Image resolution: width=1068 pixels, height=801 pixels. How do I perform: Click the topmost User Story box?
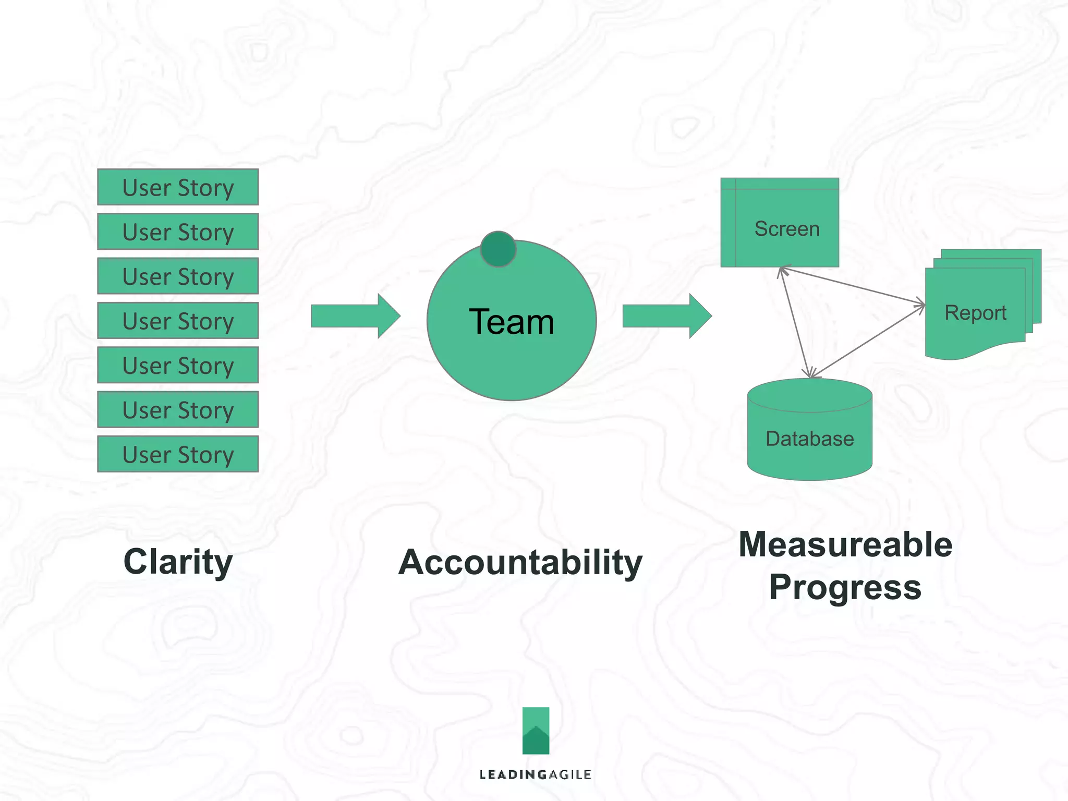pos(178,187)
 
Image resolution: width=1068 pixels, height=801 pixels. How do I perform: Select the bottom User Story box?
pos(178,454)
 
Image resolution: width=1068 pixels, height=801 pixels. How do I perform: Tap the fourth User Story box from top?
pos(178,321)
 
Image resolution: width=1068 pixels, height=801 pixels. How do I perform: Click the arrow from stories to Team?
pos(355,316)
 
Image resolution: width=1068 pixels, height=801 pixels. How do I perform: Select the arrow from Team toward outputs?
pos(666,316)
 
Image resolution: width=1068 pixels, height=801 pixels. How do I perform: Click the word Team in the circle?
pos(511,322)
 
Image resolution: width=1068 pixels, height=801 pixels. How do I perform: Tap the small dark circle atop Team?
pos(498,249)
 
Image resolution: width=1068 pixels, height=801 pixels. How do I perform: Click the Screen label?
pos(787,229)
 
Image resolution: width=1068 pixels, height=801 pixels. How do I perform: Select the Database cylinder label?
pos(809,439)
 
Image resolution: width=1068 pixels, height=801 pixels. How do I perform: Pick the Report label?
pos(975,313)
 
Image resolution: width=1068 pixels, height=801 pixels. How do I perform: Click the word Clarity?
pos(178,562)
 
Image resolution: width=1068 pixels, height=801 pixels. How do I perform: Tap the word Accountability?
pos(520,563)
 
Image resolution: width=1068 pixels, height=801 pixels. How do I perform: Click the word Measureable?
pos(845,545)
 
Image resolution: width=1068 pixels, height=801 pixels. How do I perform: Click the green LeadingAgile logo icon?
pos(536,731)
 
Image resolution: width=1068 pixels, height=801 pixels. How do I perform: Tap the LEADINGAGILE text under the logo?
pos(535,774)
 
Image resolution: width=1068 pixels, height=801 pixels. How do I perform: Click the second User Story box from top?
pos(178,232)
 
